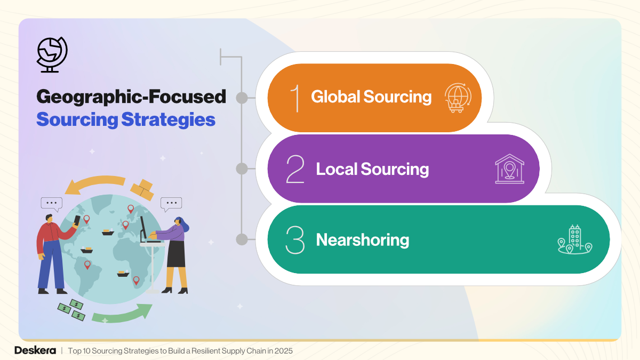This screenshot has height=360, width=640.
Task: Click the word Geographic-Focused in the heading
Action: coord(131,97)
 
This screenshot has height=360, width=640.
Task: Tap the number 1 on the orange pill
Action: coord(294,97)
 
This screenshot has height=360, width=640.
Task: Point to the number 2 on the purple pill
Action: coord(295,169)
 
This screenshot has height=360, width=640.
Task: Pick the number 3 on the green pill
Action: coord(295,240)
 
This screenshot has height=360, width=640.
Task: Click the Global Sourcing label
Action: coord(371,97)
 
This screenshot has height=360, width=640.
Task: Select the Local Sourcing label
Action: coord(372,169)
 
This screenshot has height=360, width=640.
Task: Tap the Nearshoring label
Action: coord(362,240)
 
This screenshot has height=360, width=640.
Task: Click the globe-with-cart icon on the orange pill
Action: coord(458,98)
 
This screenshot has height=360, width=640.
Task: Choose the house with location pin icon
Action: coord(509,169)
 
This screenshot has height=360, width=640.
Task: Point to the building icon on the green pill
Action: coord(574,239)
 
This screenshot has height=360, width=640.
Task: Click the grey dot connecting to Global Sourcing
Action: coord(242,98)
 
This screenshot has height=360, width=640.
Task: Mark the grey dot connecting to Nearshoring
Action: coord(242,239)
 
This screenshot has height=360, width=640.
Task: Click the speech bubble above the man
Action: coord(52,203)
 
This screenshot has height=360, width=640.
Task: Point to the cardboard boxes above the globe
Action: coord(142,189)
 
